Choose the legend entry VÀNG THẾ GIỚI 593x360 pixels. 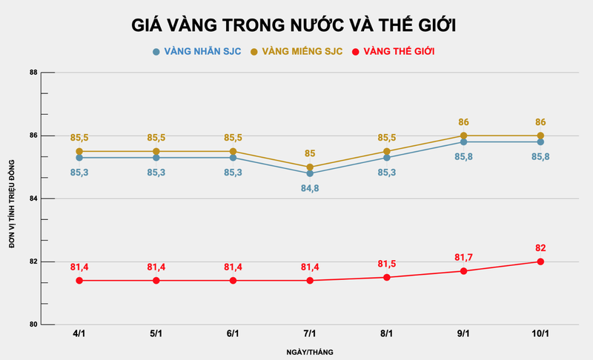393,51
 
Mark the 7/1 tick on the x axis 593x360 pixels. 310,334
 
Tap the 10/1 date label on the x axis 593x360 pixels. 540,334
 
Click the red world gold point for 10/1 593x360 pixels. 540,261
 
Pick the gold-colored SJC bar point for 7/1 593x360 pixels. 310,167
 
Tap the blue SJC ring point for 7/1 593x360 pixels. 310,173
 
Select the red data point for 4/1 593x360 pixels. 79,281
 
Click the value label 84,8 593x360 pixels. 310,188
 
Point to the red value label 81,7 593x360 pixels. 463,257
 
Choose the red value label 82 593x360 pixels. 540,247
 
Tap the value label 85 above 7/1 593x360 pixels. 310,153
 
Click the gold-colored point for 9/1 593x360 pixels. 463,136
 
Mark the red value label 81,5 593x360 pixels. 387,264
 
